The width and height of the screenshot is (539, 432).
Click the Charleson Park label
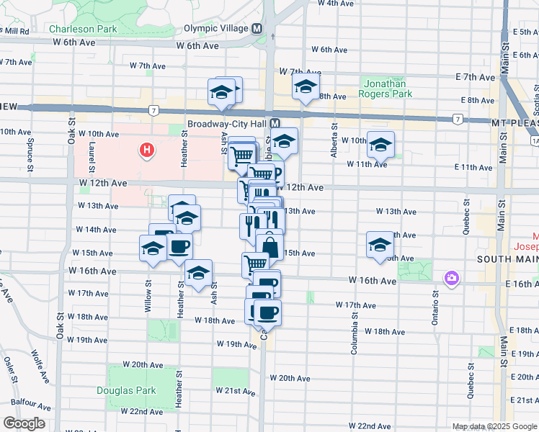pos(83,30)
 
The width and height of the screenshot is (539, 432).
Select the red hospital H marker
pos(147,150)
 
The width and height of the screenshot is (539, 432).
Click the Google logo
pos(24,423)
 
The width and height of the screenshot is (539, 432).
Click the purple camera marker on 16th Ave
pos(452,278)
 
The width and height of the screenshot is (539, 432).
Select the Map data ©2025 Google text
pos(494,426)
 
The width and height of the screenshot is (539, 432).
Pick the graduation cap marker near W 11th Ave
pos(380,146)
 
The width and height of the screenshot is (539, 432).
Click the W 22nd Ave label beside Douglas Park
pos(141,412)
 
